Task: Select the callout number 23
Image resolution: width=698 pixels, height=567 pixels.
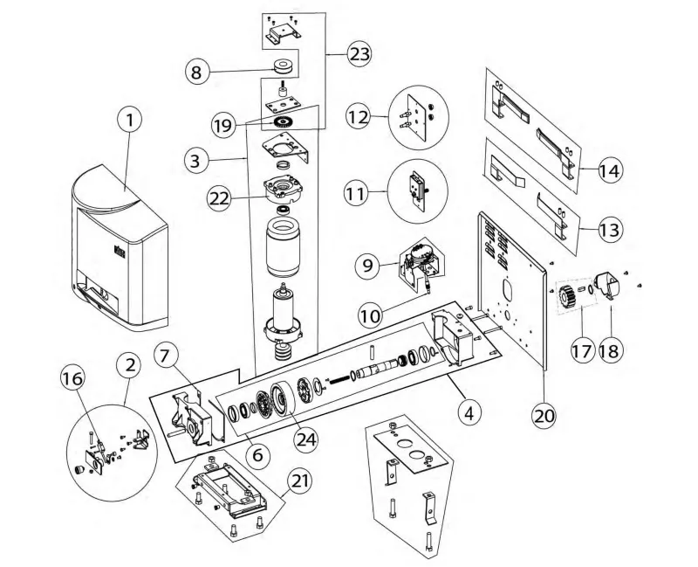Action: click(x=357, y=54)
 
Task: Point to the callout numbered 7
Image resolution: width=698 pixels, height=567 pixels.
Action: click(x=168, y=356)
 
